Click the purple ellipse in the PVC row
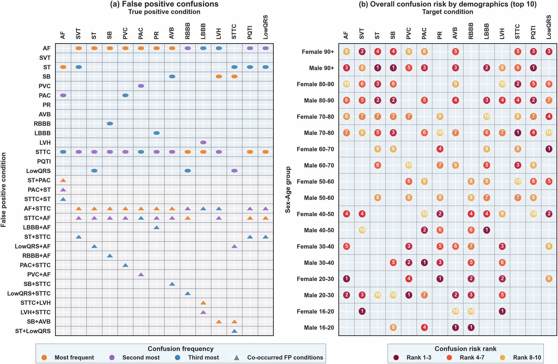coord(141,86)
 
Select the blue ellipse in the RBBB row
coord(110,123)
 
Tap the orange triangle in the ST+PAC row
coord(63,180)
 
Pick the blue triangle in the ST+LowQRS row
coord(234,331)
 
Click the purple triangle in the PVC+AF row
coord(141,275)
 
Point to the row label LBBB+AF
coord(37,227)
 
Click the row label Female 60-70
coord(315,149)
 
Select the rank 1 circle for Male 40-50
coord(486,230)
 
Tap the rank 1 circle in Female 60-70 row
coord(549,149)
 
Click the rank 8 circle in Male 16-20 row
coord(393,327)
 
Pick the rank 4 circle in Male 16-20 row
coord(424,327)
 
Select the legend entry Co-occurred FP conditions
coord(285,358)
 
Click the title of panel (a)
coord(164,4)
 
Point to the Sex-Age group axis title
coord(288,190)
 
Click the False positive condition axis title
coord(3,190)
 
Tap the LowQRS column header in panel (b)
coord(549,27)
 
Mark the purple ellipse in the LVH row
coord(203,142)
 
